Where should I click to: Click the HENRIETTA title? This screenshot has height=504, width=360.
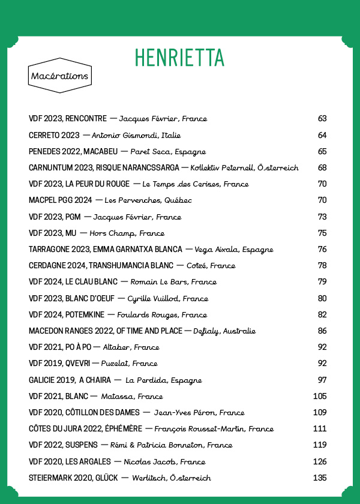(x=179, y=57)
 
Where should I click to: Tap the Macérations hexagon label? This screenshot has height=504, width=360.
(x=59, y=76)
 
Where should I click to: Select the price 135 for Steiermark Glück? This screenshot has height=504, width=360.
(x=320, y=478)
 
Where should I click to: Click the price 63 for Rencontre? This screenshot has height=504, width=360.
(x=322, y=119)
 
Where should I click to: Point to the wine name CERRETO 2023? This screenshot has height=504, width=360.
(x=54, y=135)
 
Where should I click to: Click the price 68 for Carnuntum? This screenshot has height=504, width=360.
(x=322, y=167)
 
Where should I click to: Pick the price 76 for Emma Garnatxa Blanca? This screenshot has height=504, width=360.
(x=322, y=249)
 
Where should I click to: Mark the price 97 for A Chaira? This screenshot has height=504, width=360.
(x=322, y=380)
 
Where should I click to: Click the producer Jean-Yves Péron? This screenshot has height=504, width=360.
(x=185, y=413)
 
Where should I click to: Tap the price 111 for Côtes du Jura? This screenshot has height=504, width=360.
(x=320, y=428)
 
